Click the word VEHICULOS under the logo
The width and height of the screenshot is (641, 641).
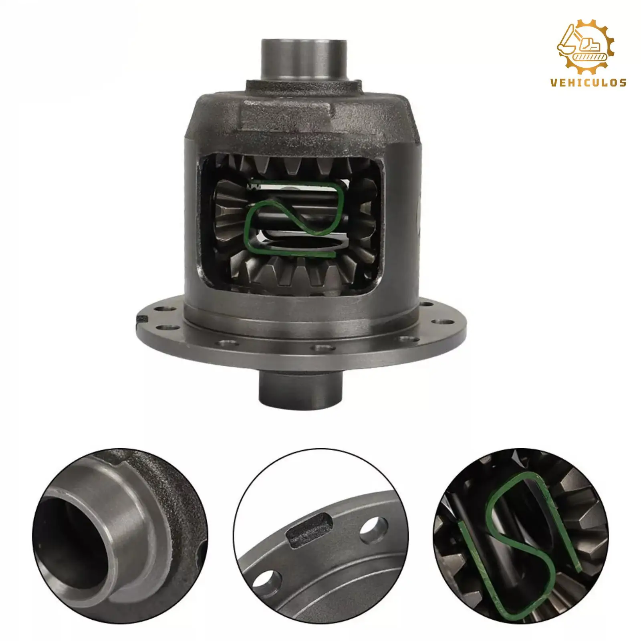tap(588, 83)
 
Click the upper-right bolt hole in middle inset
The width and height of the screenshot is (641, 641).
tap(373, 526)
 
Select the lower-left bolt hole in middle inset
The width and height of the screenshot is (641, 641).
tap(263, 580)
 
